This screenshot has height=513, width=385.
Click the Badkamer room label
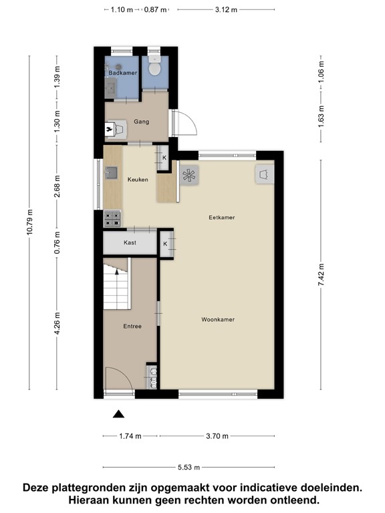[123, 72]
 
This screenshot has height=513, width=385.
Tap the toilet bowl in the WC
[154, 69]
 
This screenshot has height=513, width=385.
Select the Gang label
[141, 122]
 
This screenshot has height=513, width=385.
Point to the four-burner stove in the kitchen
[112, 216]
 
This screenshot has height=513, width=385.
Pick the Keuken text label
[138, 179]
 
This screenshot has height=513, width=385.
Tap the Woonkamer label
[218, 319]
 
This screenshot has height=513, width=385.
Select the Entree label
[132, 327]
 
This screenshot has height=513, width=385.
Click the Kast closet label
[130, 242]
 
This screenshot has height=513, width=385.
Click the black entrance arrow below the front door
[118, 414]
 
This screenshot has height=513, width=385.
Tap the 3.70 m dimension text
[217, 436]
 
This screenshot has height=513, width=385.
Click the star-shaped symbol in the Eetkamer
[188, 176]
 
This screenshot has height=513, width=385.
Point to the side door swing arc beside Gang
[185, 124]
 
